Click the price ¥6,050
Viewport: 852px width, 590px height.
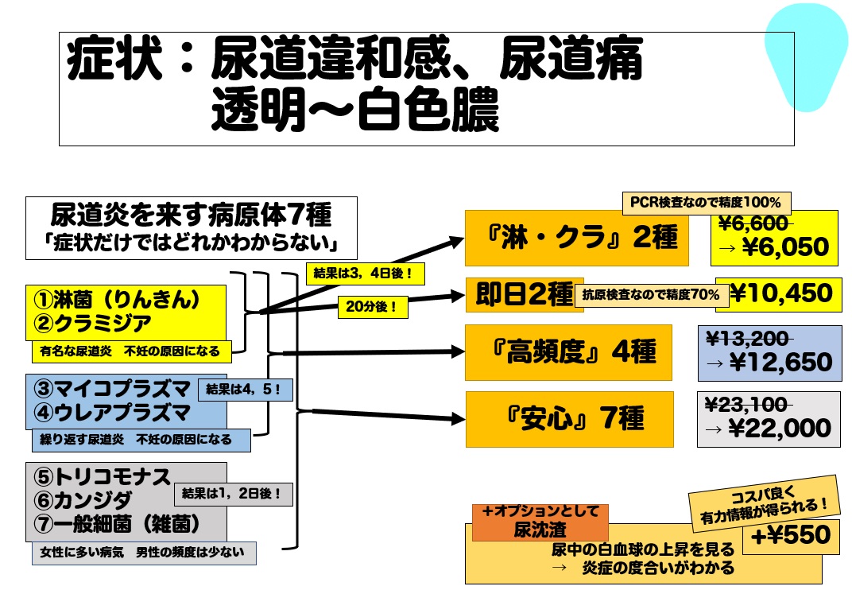[x=785, y=246]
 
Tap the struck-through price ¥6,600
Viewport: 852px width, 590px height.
[x=753, y=223]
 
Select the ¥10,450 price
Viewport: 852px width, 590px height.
[x=780, y=293]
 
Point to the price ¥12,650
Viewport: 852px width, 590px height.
[x=780, y=362]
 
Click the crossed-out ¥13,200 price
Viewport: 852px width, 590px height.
[x=748, y=339]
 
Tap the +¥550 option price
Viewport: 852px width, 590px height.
[x=791, y=535]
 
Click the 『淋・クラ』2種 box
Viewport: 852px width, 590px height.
[x=576, y=238]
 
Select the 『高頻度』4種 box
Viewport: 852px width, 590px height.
[x=568, y=352]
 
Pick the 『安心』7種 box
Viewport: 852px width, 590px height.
[x=569, y=419]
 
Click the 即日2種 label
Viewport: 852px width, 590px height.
[x=524, y=294]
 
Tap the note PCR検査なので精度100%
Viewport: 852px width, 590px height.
[x=707, y=203]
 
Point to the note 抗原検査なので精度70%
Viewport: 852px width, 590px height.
[x=651, y=295]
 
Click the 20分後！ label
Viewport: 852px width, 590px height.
[x=373, y=307]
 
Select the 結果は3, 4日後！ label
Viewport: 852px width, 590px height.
[x=365, y=274]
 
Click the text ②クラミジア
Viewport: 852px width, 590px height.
[x=92, y=324]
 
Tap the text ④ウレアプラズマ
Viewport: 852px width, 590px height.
[x=112, y=413]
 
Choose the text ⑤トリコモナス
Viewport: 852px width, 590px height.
[x=103, y=477]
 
